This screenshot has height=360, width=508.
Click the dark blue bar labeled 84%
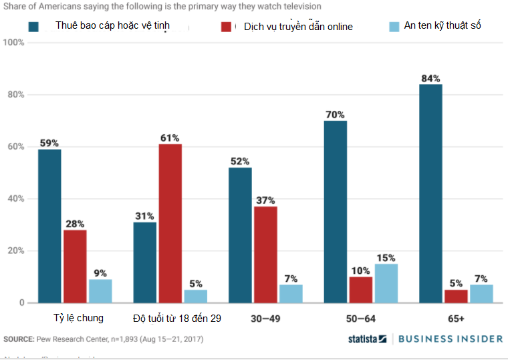pyautogui.click(x=430, y=194)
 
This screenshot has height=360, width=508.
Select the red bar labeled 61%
pyautogui.click(x=170, y=224)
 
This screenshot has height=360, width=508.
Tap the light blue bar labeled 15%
pyautogui.click(x=386, y=283)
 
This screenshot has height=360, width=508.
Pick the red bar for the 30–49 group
pyautogui.click(x=265, y=254)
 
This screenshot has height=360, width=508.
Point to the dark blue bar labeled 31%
pyautogui.click(x=144, y=262)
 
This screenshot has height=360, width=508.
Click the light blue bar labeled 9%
pyautogui.click(x=100, y=291)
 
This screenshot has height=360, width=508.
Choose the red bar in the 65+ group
pyautogui.click(x=456, y=296)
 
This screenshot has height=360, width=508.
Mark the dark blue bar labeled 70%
pyautogui.click(x=336, y=212)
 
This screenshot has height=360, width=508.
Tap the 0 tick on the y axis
pyautogui.click(x=21, y=303)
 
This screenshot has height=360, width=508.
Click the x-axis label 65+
pyautogui.click(x=456, y=319)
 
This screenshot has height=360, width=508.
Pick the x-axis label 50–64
pyautogui.click(x=361, y=319)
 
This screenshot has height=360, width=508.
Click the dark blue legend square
pyautogui.click(x=34, y=27)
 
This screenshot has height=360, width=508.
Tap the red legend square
pyautogui.click(x=227, y=27)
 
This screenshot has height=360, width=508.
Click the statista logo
pyautogui.click(x=367, y=339)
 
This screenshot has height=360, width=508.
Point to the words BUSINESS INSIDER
pyautogui.click(x=450, y=339)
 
